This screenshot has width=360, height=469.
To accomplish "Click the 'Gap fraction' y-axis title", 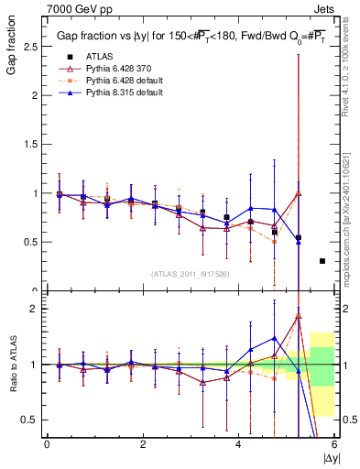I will coord(11,45).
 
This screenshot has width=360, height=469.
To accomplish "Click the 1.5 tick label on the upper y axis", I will coord(29,144).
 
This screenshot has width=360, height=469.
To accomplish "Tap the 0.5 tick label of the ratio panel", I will coord(29,420).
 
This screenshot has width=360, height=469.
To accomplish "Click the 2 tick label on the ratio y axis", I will coord(35,309).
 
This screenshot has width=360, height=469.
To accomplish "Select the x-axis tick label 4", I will coord(238,444).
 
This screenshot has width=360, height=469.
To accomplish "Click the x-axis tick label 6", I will coord(334,444).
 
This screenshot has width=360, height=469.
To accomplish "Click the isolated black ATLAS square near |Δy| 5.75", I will coord(322,261).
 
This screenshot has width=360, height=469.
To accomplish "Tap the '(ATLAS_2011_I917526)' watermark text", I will coord(191,274).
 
